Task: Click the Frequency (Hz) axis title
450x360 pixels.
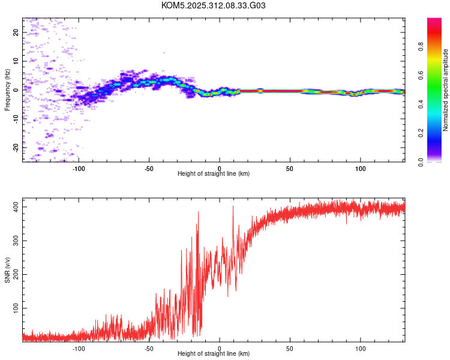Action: (x=7, y=89)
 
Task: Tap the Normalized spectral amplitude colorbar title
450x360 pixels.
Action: (x=446, y=90)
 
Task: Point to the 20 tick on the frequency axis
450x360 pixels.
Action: (x=16, y=32)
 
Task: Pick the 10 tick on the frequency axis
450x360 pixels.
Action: (x=16, y=61)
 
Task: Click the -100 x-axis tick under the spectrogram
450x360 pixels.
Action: (x=79, y=169)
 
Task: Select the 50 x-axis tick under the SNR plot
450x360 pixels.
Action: (x=290, y=349)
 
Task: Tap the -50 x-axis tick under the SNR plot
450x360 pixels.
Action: (x=149, y=349)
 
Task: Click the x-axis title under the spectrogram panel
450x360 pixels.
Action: (x=214, y=175)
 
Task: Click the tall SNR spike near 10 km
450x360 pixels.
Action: (x=233, y=207)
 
